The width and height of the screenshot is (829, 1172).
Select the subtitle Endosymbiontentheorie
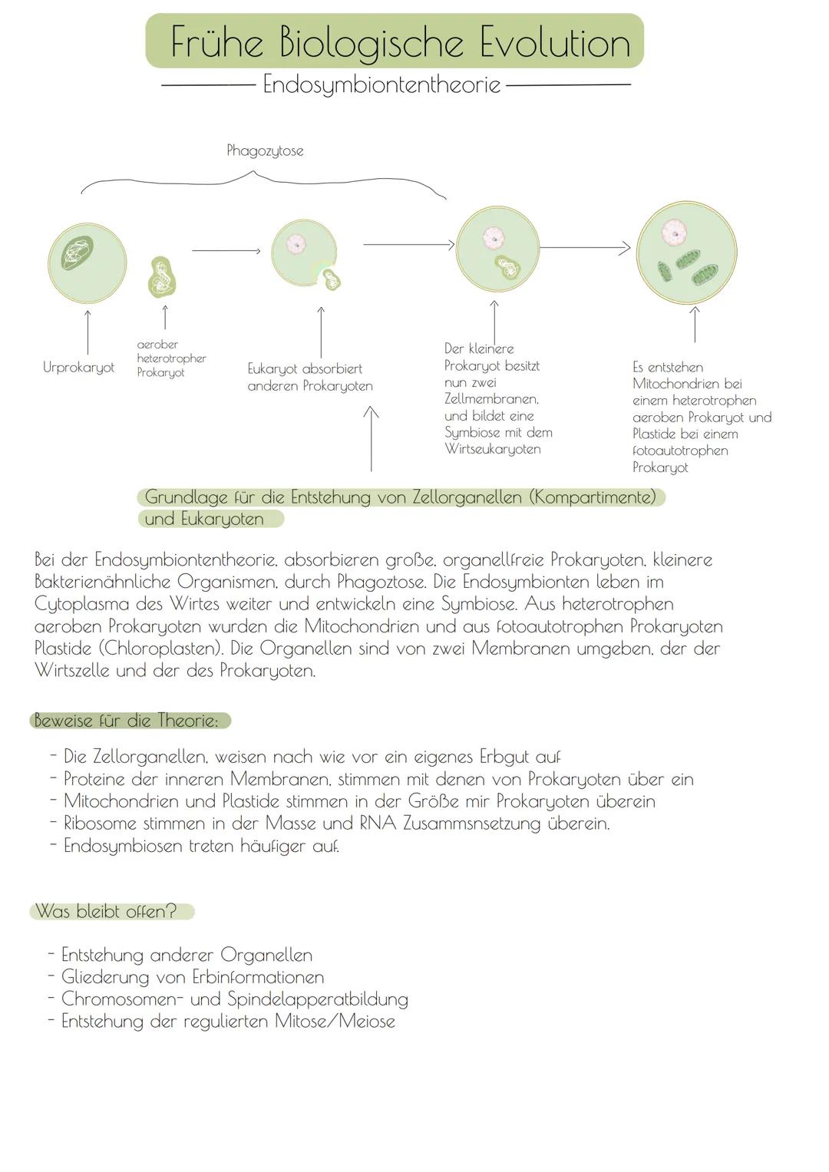click(x=382, y=84)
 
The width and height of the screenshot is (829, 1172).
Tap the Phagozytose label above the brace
click(x=265, y=151)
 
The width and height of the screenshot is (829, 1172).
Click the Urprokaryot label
click(x=78, y=368)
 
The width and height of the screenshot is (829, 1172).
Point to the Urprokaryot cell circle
click(x=87, y=262)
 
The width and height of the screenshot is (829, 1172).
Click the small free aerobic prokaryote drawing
click(x=163, y=277)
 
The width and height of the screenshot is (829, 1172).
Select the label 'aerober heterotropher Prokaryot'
click(x=171, y=358)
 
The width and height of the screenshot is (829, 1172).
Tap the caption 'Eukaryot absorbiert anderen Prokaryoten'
click(x=309, y=377)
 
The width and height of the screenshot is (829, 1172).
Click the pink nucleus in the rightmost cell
click(x=675, y=230)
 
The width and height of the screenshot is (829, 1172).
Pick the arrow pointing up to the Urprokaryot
click(x=88, y=332)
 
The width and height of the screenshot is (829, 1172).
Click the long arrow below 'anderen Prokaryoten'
click(x=372, y=439)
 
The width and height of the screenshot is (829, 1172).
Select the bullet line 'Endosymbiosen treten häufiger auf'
click(x=201, y=846)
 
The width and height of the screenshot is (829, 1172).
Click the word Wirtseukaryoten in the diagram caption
click(x=492, y=449)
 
